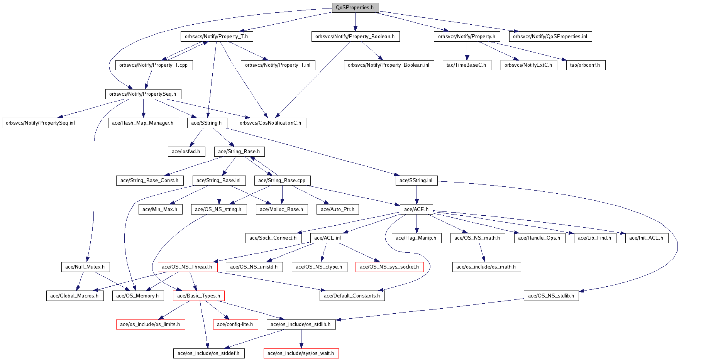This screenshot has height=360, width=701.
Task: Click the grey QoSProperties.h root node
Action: point(355,8)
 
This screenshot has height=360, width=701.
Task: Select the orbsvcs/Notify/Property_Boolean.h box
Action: point(355,37)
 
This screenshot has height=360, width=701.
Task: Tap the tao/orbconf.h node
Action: point(585,65)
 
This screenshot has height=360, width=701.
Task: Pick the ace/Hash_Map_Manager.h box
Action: point(143,123)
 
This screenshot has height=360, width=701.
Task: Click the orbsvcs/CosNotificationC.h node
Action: point(271,123)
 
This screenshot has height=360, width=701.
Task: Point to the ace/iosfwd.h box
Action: point(186,152)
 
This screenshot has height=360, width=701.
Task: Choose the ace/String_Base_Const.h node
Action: point(149,181)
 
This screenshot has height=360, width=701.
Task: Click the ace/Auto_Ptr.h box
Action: point(337,210)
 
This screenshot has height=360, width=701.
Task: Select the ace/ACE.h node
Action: point(416,210)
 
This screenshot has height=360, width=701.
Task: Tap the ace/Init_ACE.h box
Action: point(646,238)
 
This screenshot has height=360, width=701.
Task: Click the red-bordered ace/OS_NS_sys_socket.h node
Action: point(389,267)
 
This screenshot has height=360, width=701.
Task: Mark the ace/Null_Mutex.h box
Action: point(85,267)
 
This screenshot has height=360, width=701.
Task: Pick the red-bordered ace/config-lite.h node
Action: point(235,325)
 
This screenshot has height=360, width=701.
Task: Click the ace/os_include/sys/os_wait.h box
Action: point(301,353)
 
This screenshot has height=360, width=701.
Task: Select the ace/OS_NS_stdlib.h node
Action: point(551,296)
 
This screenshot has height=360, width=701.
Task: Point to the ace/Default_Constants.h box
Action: point(352,296)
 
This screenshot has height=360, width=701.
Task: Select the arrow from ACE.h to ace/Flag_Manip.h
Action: point(417,224)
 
